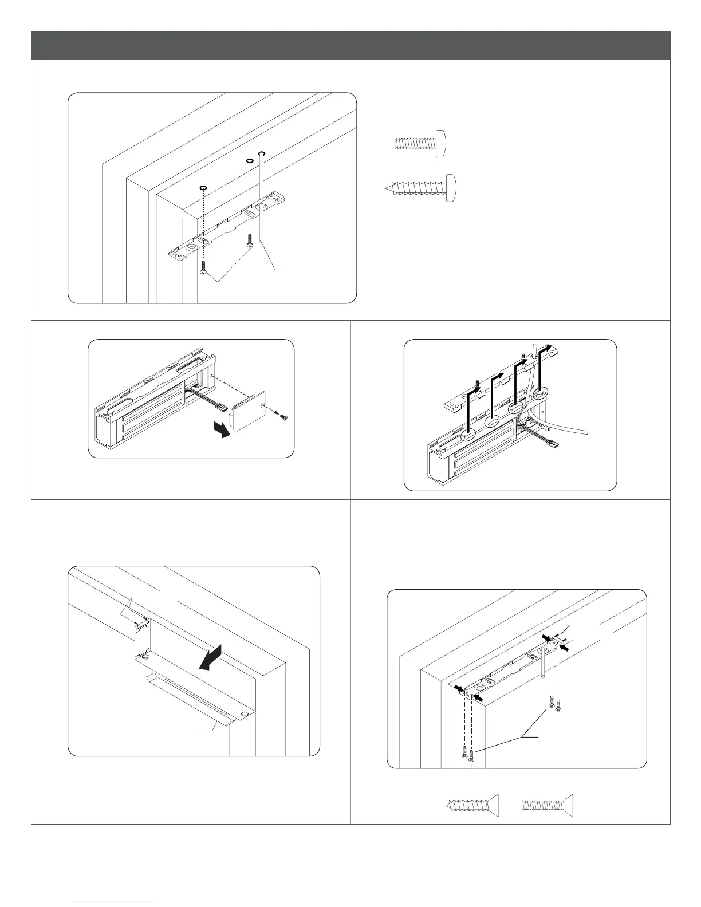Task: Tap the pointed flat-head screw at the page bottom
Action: (x=471, y=805)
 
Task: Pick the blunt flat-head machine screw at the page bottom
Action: (x=547, y=805)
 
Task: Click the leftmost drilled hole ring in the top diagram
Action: (x=203, y=187)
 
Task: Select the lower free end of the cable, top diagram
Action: (x=261, y=242)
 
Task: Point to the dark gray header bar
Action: (x=350, y=45)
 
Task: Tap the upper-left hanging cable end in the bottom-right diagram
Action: (x=542, y=676)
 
